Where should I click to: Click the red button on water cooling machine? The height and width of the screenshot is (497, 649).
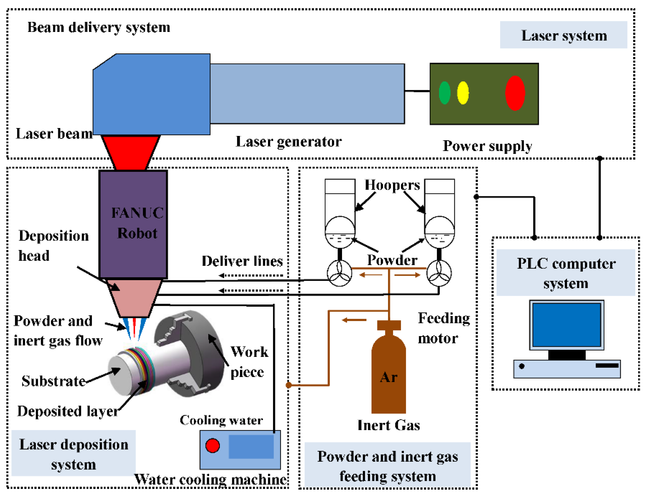click(x=212, y=445)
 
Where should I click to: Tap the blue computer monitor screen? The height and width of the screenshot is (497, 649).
click(x=566, y=324)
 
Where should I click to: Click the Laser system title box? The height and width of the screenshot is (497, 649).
click(x=563, y=35)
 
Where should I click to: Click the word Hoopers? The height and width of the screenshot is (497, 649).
click(x=392, y=185)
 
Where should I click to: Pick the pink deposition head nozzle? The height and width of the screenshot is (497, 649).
click(x=134, y=297)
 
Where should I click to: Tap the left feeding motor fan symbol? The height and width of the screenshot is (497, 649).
click(x=339, y=273)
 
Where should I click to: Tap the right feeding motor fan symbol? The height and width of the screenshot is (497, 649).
click(x=439, y=273)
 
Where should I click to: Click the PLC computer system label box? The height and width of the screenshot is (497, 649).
click(x=566, y=272)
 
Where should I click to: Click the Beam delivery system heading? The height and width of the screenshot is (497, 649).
click(x=99, y=27)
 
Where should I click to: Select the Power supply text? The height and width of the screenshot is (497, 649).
click(x=487, y=146)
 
